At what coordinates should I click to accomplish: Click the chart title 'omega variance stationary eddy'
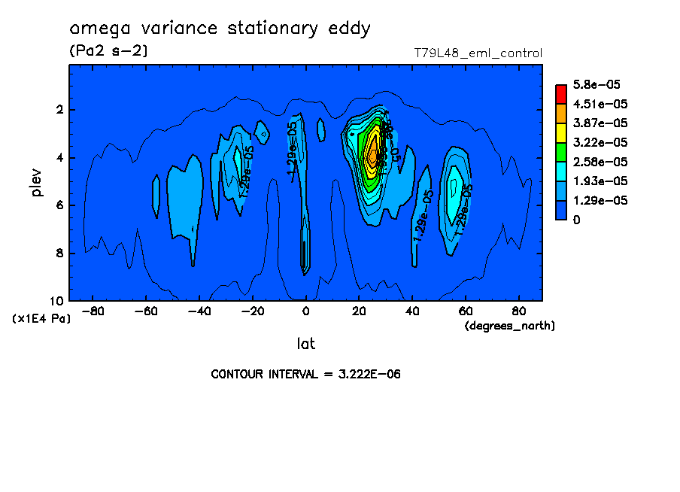tap(220, 29)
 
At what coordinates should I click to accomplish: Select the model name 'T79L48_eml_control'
tap(478, 53)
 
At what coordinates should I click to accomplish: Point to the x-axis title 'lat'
tap(305, 344)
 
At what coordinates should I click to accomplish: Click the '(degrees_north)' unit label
tap(510, 325)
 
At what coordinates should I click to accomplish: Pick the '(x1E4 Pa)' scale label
tap(41, 318)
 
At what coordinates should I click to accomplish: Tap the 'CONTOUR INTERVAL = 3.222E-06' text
tap(305, 374)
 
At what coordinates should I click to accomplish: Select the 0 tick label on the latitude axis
tap(305, 311)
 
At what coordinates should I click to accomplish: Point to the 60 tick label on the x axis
tap(466, 311)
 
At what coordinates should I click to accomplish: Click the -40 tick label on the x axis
tap(199, 311)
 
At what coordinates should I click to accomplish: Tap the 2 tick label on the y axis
tap(59, 110)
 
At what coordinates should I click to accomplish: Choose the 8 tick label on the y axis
tap(59, 254)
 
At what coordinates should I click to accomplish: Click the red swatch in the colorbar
tap(561, 93)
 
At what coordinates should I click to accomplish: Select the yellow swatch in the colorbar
tap(561, 132)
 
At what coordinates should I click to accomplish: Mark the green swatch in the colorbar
tap(561, 152)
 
